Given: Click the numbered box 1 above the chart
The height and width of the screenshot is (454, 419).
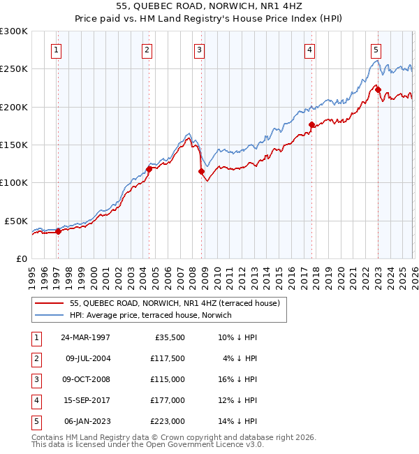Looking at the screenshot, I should pyautogui.click(x=55, y=49).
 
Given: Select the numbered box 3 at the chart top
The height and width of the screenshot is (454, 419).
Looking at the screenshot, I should pyautogui.click(x=199, y=49).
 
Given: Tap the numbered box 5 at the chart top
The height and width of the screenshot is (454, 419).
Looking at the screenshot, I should pyautogui.click(x=376, y=49).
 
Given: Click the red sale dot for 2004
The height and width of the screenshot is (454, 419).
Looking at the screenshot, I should pyautogui.click(x=149, y=168).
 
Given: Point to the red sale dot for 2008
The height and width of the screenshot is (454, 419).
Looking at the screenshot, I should pyautogui.click(x=201, y=171).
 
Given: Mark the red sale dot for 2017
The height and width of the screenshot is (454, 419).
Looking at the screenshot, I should pyautogui.click(x=311, y=124).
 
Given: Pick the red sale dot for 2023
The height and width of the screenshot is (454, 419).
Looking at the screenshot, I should pyautogui.click(x=377, y=89).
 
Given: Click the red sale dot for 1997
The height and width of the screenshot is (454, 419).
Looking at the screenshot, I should pyautogui.click(x=59, y=232).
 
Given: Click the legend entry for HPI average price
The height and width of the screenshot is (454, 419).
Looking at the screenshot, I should pyautogui.click(x=150, y=315).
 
